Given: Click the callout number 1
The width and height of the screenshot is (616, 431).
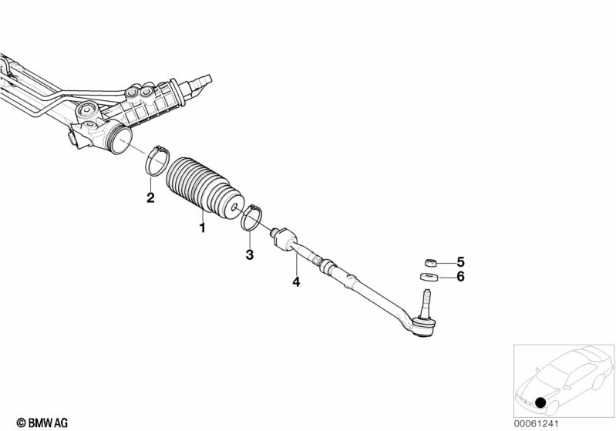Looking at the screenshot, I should [x=203, y=228].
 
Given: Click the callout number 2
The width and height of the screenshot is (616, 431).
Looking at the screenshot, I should [x=150, y=198].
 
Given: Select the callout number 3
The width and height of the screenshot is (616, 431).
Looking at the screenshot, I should [x=250, y=254].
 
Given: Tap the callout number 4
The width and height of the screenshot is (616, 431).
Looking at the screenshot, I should [x=295, y=282].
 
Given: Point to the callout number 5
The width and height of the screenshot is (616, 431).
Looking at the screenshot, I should [x=461, y=261].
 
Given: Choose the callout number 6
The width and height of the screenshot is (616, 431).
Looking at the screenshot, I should [x=461, y=277].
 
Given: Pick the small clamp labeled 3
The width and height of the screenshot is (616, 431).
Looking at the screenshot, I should [x=251, y=217].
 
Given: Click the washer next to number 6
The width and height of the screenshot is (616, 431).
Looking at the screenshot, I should [x=429, y=278].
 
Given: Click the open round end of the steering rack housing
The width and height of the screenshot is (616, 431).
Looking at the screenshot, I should [x=119, y=144].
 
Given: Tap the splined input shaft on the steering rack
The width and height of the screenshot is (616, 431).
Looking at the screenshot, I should [x=204, y=79].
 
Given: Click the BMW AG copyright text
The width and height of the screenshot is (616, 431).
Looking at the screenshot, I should [x=36, y=423].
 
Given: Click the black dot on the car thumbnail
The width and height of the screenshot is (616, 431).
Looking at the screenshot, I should [x=541, y=402].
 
